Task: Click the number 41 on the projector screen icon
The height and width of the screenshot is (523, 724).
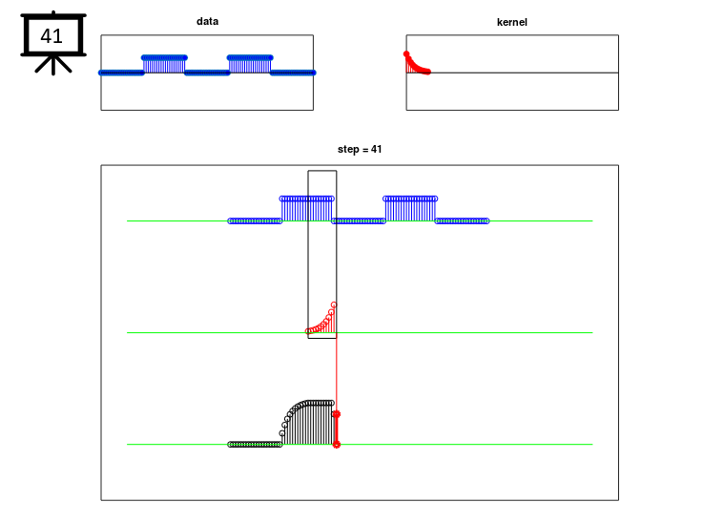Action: tap(52, 36)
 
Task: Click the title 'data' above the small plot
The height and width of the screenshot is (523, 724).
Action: tap(207, 21)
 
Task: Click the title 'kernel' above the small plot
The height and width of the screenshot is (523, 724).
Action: tap(511, 22)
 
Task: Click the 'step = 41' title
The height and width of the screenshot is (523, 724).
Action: tap(360, 149)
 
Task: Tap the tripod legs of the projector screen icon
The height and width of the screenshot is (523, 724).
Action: tap(53, 65)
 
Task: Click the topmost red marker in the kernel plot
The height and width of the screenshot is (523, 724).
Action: tap(406, 54)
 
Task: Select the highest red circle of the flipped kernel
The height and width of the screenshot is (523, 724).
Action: tap(334, 305)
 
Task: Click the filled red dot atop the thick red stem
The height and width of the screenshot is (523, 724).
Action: tap(337, 414)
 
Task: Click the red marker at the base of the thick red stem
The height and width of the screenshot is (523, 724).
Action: tap(337, 445)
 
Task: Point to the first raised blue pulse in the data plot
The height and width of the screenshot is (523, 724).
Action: tap(164, 64)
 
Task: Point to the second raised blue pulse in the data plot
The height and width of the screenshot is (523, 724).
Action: tap(250, 64)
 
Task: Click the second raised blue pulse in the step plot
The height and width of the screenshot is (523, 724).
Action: tap(410, 209)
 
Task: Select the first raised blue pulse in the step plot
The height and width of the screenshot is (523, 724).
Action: tap(306, 209)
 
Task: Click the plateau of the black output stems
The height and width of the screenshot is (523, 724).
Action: tap(319, 404)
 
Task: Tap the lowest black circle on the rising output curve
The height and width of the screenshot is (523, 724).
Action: tap(281, 433)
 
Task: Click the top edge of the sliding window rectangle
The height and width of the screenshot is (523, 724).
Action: tap(322, 171)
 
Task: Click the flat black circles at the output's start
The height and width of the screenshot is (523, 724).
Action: tap(255, 445)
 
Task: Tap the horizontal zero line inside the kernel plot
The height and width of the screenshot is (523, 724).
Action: tap(512, 73)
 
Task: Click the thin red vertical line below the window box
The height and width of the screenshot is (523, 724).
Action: tap(337, 374)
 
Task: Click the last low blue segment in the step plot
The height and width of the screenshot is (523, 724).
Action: tap(462, 221)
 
